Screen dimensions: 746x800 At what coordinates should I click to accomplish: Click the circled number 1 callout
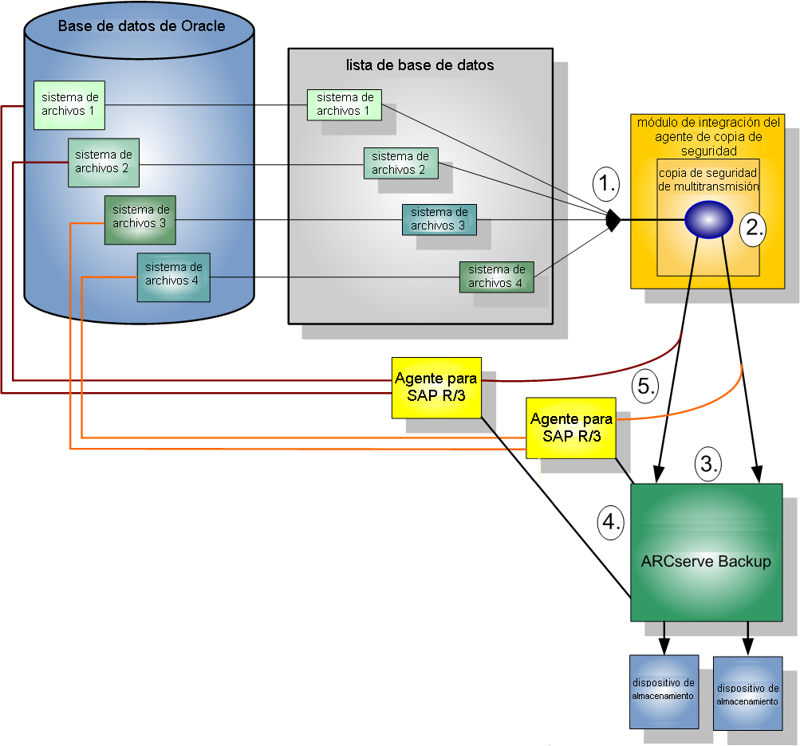[607, 185]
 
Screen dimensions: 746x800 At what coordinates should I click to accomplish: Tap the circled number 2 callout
[752, 228]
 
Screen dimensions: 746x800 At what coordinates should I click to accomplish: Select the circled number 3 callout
[707, 462]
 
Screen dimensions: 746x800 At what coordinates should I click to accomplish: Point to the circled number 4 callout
[610, 522]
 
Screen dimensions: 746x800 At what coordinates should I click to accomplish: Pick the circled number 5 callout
[644, 387]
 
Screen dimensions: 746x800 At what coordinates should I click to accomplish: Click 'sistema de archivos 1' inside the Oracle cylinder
[70, 104]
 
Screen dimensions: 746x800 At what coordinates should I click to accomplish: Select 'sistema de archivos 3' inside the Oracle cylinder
[140, 217]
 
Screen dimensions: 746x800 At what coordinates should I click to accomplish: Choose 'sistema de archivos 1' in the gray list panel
[345, 104]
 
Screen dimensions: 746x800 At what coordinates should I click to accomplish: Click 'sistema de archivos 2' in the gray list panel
[400, 163]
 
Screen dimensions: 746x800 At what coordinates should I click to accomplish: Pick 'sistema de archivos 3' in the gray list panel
[439, 219]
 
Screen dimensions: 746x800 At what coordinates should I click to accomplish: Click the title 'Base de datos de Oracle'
[141, 26]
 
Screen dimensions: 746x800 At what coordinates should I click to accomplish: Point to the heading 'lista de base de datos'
[420, 65]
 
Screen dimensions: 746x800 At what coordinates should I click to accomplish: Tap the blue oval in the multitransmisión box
[708, 219]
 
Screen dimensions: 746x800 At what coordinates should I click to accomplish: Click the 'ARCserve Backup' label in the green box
[706, 561]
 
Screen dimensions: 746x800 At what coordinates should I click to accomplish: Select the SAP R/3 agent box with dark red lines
[436, 387]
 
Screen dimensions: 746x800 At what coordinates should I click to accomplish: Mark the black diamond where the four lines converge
[613, 220]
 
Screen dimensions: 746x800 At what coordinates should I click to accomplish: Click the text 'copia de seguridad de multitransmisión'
[708, 180]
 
